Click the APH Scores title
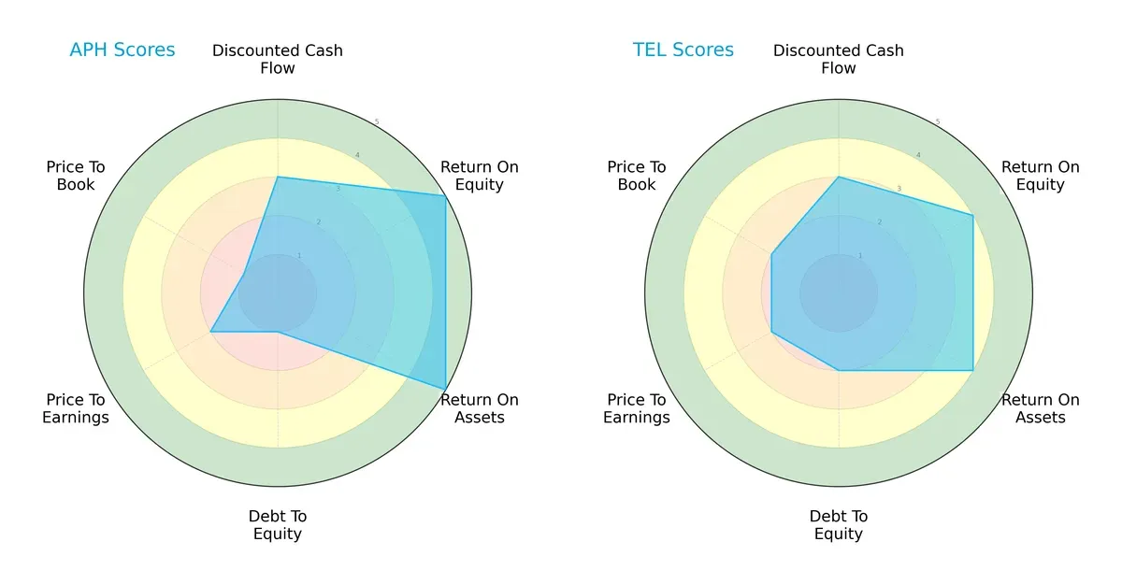point(122,50)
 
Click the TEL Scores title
point(683,50)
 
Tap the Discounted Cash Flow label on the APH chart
point(278,59)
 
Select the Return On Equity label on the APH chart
point(479,176)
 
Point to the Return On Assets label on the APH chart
point(479,408)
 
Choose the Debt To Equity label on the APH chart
point(278,525)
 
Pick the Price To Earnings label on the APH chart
point(76,408)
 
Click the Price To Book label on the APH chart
point(76,176)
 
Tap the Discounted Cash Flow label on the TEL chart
point(839,59)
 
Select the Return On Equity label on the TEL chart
point(1040,176)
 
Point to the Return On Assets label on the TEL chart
point(1040,408)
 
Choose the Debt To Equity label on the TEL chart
point(839,525)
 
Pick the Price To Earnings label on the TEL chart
point(637,408)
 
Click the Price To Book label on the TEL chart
point(637,176)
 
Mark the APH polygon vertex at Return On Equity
point(445,196)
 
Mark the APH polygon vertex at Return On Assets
point(445,389)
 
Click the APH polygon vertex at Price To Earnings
point(211,332)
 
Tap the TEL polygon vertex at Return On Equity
point(972,216)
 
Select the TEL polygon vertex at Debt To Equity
point(839,370)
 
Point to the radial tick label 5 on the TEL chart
point(938,122)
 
